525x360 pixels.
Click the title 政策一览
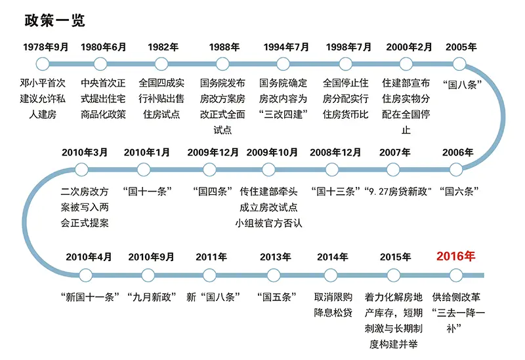coord(54,20)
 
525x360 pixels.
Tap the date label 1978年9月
coord(46,47)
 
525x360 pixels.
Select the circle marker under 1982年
coord(161,64)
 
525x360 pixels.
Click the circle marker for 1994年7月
coord(283,64)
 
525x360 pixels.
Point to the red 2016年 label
coord(455,256)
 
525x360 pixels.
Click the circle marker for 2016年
coord(455,275)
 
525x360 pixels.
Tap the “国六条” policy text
coord(459,191)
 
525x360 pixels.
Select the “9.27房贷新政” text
coord(398,191)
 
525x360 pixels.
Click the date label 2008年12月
coord(335,153)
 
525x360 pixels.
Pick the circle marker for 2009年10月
coord(268,170)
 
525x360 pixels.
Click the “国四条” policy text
coord(213,191)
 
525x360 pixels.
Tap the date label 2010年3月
coord(85,153)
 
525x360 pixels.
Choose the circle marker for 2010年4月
coord(86,275)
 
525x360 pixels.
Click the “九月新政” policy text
coord(152,297)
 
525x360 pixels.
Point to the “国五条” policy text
coord(276,297)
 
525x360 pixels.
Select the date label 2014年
coord(333,257)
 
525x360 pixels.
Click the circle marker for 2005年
coord(459,64)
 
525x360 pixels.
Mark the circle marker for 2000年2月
coord(406,64)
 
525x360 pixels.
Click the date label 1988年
coord(224,47)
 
